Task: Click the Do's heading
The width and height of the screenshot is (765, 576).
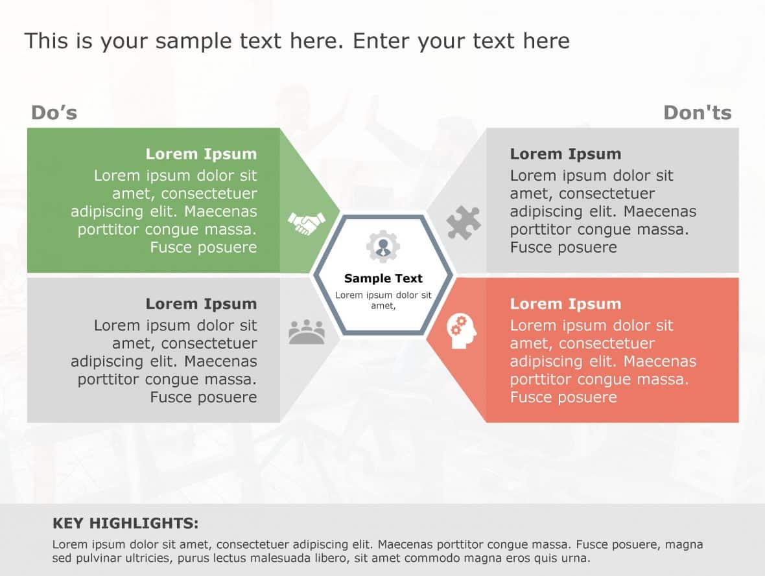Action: (54, 113)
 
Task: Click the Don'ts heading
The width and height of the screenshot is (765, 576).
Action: (697, 113)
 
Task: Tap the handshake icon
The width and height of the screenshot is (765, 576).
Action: (306, 224)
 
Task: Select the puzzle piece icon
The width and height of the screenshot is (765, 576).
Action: (464, 224)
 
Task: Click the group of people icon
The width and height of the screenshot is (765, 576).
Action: (306, 332)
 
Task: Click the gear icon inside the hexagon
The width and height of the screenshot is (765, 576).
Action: (383, 246)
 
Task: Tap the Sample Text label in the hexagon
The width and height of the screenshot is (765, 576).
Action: (383, 279)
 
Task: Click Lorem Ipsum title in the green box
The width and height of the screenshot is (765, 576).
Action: (201, 154)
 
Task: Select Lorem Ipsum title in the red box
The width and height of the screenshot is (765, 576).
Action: (565, 304)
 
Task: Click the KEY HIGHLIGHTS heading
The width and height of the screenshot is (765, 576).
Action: (125, 524)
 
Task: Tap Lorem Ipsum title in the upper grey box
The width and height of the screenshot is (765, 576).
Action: (565, 154)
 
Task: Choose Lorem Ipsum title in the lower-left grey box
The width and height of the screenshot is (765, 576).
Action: (201, 304)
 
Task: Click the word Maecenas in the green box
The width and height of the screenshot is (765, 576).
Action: (226, 212)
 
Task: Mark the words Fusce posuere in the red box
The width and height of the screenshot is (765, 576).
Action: (563, 397)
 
